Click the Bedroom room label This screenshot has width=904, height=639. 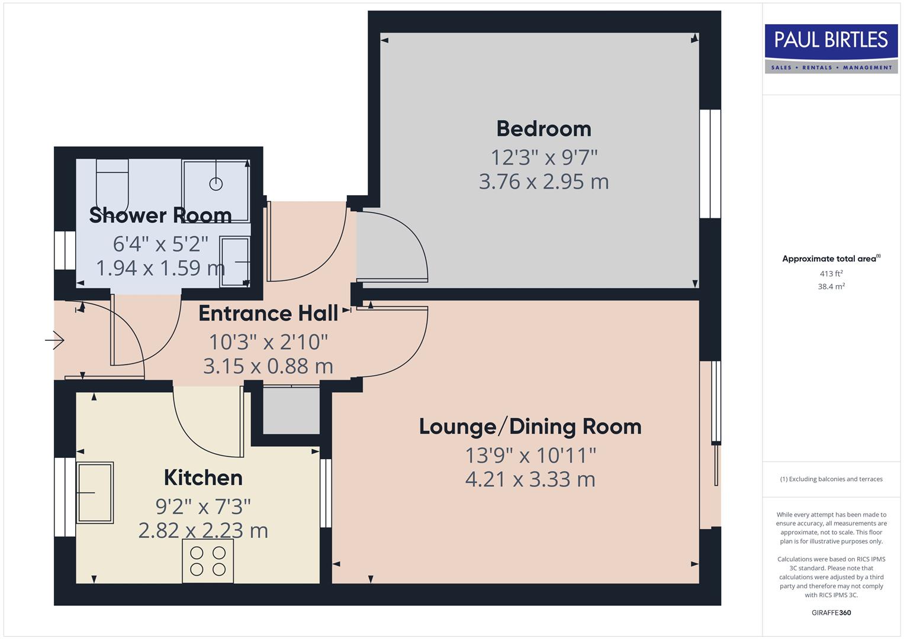(x=543, y=128)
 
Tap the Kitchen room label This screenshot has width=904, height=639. (x=203, y=477)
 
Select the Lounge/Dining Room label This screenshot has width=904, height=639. (x=530, y=426)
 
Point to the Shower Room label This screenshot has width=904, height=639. (x=160, y=215)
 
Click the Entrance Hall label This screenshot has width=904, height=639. (x=268, y=313)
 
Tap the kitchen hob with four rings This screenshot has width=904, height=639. (x=208, y=561)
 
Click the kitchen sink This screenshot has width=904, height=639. (x=95, y=492)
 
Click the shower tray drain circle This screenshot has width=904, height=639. (x=216, y=184)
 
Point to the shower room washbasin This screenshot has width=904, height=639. (x=235, y=262)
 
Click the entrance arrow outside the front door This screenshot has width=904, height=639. (x=56, y=340)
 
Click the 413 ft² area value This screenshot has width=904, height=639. (x=831, y=273)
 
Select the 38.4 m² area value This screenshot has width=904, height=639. (x=831, y=286)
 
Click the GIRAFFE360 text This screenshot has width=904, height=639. (x=831, y=612)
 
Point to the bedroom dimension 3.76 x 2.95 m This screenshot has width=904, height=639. (x=543, y=181)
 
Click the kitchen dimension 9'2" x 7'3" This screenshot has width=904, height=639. (x=203, y=506)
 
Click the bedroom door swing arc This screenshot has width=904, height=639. (x=414, y=237)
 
